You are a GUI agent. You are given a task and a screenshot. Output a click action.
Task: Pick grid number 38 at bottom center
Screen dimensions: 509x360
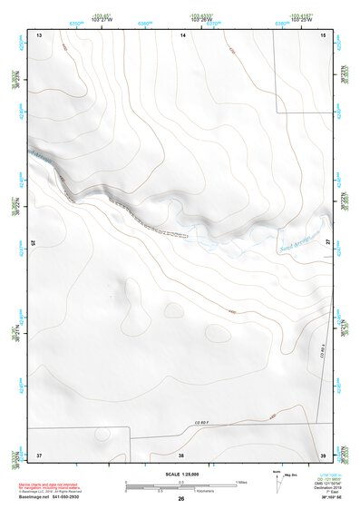[181, 454]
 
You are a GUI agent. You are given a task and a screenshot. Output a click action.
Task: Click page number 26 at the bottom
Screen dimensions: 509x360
[181, 499]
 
